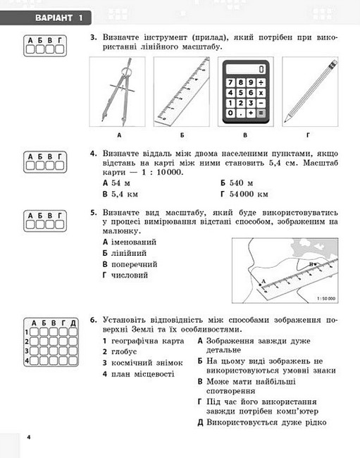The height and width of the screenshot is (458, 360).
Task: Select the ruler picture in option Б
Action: tap(182, 92)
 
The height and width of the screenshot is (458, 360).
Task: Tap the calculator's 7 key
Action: tap(230, 82)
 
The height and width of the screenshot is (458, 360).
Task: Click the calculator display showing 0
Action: tap(246, 69)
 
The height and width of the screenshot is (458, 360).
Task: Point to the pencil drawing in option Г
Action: tap(311, 91)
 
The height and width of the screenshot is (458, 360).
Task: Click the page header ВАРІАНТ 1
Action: tap(59, 18)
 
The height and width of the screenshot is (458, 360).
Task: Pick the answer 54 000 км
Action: tap(249, 194)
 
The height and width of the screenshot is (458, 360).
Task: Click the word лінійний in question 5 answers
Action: tap(129, 253)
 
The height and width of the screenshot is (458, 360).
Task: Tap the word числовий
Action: tap(130, 275)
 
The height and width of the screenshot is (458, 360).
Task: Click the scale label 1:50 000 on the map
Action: tap(326, 299)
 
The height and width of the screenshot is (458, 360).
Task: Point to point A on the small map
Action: tap(260, 285)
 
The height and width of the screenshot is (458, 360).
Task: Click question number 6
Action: tap(93, 320)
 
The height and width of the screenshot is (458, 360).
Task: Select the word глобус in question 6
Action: tap(124, 352)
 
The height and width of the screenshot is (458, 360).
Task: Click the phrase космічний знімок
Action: tap(147, 363)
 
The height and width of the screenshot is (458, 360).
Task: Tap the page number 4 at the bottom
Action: tap(29, 438)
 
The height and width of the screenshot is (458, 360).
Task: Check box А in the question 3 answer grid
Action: tap(30, 49)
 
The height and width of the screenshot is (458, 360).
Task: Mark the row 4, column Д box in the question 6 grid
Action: tap(73, 361)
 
